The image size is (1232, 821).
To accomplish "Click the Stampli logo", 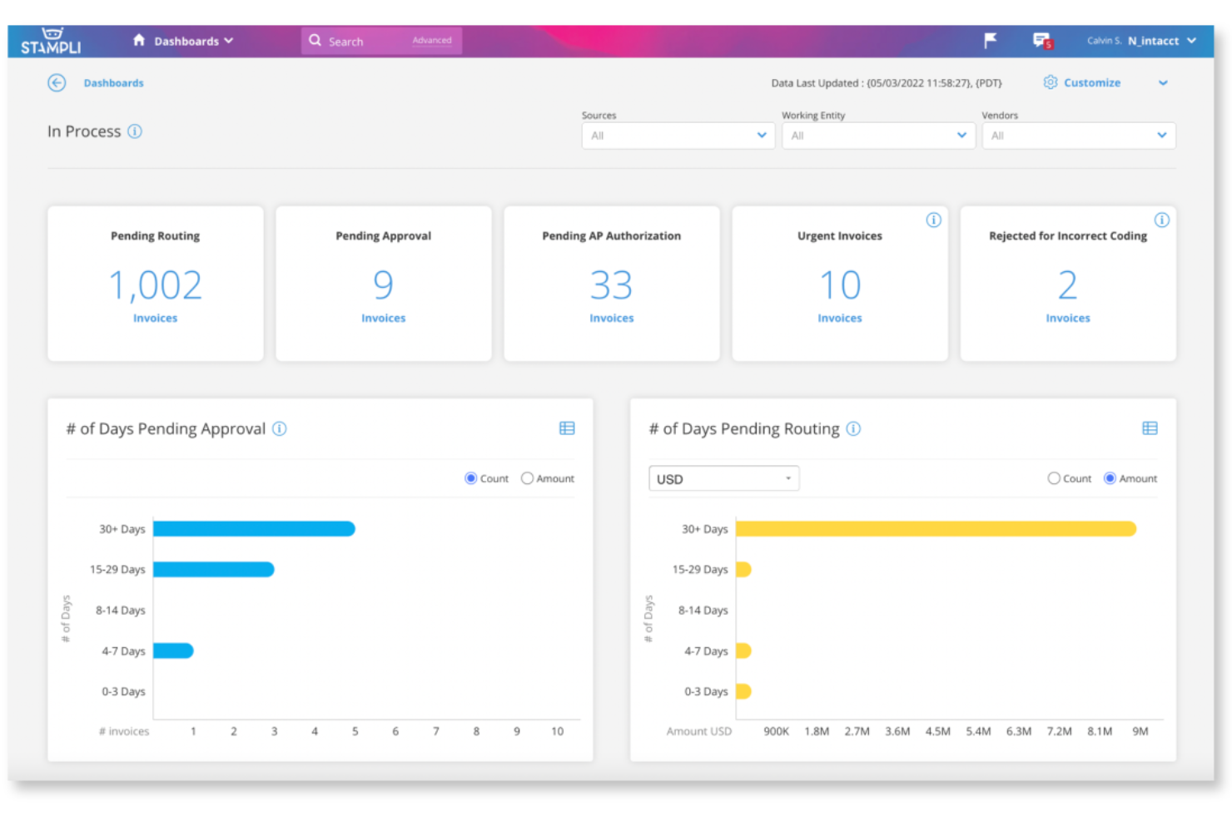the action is point(51,42).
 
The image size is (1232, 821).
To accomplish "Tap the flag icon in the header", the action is point(990,41).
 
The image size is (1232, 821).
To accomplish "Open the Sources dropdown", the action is point(678,136).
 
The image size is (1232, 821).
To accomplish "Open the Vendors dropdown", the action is point(1079,136).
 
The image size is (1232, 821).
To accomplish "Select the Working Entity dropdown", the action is point(878,136).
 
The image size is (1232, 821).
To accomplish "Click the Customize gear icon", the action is point(1050,82).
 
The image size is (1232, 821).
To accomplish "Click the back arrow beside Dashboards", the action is point(57,83).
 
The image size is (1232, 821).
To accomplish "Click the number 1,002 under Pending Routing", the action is point(156,285).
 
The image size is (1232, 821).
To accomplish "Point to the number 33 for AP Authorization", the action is point(611,285).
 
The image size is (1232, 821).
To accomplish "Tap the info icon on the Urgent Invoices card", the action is point(933,220).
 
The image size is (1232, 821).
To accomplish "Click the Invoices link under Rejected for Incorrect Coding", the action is point(1067,319).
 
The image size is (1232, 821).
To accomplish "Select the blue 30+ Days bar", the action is point(254,529).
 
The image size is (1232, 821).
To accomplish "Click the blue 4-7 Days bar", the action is point(173,650).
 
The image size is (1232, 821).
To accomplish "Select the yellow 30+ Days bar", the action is point(936,529).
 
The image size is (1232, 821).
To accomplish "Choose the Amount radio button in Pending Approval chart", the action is point(527,478).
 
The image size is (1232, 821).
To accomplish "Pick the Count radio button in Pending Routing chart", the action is point(1053,478).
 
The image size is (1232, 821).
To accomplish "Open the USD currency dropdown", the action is point(724,478).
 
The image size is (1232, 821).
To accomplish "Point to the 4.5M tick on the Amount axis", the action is point(938,731).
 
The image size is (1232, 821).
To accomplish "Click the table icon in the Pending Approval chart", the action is point(567,428).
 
